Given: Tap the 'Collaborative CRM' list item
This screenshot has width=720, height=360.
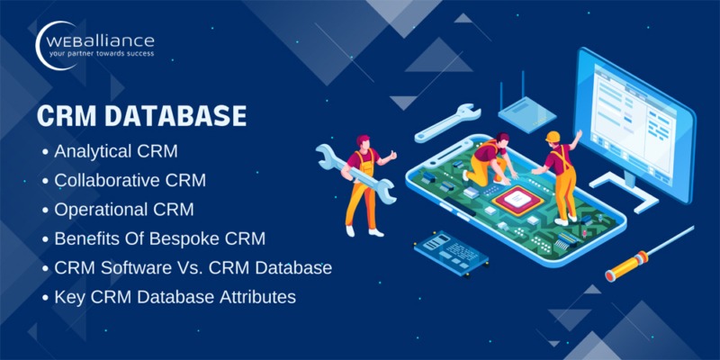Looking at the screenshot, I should (130, 180).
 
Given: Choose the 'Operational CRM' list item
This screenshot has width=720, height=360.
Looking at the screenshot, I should (124, 210).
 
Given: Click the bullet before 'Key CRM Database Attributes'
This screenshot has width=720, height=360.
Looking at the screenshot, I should (46, 297).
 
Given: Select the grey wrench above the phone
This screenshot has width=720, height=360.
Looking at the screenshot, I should (445, 120).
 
